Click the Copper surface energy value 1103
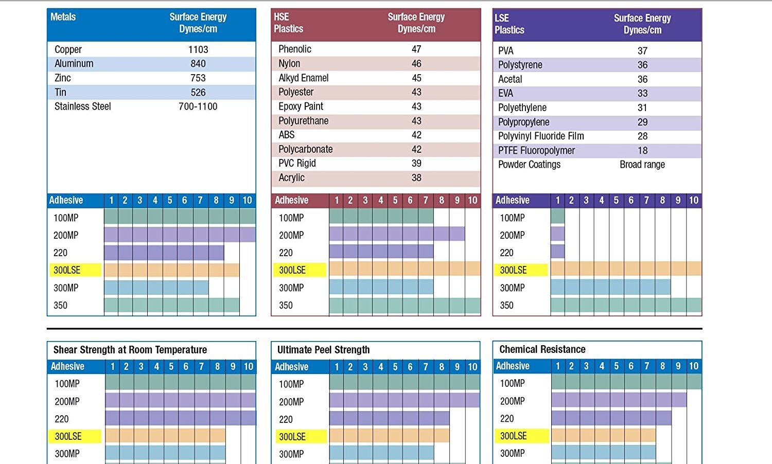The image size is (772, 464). point(198,49)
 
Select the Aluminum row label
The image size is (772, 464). point(74,64)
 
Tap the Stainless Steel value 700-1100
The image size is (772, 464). point(198,106)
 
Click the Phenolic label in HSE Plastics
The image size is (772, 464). point(295,49)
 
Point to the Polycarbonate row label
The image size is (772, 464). point(306,149)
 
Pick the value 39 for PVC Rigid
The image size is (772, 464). point(416,163)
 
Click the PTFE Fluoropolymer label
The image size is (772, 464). point(536,150)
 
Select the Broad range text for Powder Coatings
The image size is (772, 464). point(642,165)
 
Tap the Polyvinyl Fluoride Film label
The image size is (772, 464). point(541,136)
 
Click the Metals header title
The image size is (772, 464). point(63,17)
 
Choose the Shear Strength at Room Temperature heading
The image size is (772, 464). point(130,350)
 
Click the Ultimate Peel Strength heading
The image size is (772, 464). point(323,350)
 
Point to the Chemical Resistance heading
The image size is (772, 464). point(542,349)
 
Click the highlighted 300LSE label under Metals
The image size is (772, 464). point(67,270)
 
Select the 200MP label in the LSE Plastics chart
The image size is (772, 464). point(512,235)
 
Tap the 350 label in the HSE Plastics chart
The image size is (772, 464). point(286,305)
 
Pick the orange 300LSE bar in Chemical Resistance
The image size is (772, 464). point(603,436)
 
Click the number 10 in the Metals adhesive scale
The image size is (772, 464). point(247,200)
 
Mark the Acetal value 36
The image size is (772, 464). point(642,79)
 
